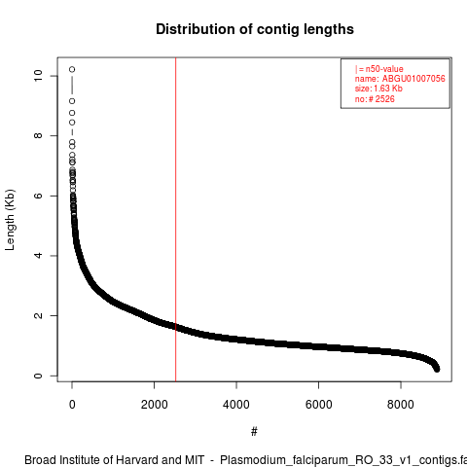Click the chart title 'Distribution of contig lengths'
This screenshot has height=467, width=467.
coord(255,29)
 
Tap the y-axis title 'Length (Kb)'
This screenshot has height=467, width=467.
coord(10,220)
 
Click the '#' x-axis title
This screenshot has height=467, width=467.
coord(254,432)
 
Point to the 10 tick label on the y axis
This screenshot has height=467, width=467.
coord(38,76)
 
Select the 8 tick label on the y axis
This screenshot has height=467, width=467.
coord(38,135)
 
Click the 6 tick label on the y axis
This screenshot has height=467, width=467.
coord(38,196)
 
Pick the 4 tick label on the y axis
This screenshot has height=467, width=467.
coord(38,256)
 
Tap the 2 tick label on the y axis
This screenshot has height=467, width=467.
coord(38,315)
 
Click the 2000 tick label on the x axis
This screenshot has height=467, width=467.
coord(155,405)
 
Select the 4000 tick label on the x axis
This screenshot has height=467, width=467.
coord(236,405)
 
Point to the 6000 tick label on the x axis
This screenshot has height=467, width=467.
coord(319,405)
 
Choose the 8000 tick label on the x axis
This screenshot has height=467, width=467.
coord(401,405)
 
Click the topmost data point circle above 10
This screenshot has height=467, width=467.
coord(72,69)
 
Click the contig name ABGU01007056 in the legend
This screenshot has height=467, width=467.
coord(413,79)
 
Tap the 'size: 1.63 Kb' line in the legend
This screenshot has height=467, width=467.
coord(378,89)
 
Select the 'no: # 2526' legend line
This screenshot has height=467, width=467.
coord(375,99)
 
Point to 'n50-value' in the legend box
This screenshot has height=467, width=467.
coord(384,69)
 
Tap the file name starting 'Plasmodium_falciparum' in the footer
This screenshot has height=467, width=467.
coord(343,460)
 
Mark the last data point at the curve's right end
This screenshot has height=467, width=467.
coord(437,369)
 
